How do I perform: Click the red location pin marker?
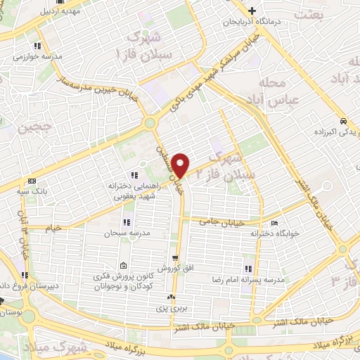(181, 165)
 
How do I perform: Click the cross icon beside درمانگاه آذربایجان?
(252, 10)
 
